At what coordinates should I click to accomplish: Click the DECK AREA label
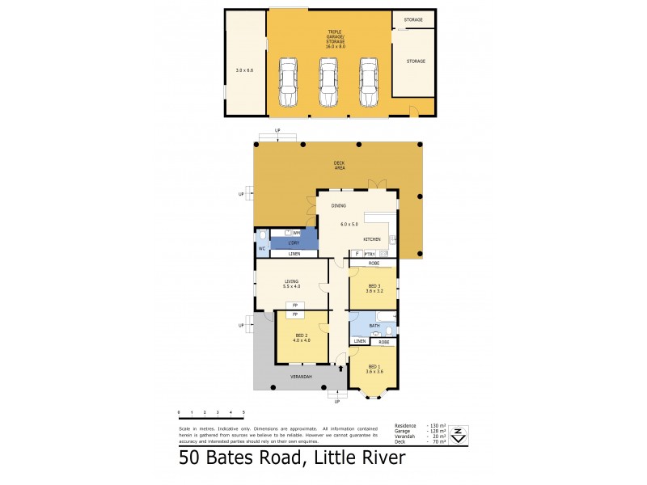pos(340,165)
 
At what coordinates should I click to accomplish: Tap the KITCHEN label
pos(372,240)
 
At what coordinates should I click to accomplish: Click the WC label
pos(262,248)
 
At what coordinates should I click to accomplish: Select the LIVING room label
pos(291,281)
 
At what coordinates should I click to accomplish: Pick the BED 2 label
pos(302,335)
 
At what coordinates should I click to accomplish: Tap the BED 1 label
pos(374,368)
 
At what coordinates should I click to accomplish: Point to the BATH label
pos(374,327)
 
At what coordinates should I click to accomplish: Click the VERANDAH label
pos(302,377)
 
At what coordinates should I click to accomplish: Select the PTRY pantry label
pos(369,254)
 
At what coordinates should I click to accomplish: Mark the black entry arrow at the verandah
pos(340,369)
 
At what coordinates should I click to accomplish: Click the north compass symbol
pos(459,434)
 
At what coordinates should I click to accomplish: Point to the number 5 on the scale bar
pos(243,412)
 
